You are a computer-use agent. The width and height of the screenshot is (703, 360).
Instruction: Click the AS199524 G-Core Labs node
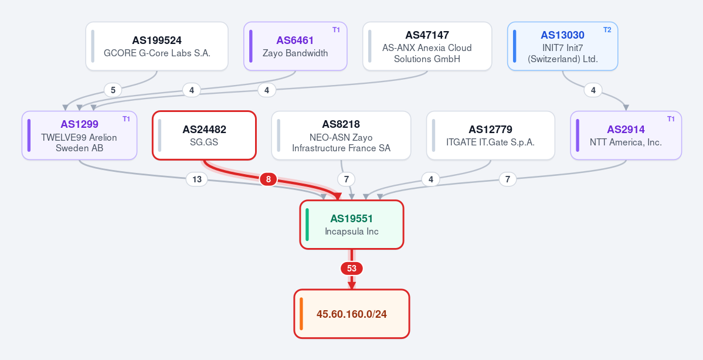[157, 46]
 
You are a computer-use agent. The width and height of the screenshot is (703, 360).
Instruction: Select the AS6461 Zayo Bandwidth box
[296, 46]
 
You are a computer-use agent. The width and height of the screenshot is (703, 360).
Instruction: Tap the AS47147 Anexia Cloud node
[427, 46]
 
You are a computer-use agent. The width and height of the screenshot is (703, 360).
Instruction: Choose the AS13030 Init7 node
[563, 46]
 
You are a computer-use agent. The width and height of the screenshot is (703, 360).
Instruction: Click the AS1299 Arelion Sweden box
[79, 135]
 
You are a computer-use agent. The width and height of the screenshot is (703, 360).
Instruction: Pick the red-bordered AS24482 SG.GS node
[205, 135]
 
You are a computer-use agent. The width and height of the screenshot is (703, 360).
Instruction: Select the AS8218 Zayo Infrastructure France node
[341, 135]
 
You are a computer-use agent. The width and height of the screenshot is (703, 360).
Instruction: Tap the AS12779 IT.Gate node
[491, 135]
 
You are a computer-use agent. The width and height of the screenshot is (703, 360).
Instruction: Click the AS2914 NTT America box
[626, 135]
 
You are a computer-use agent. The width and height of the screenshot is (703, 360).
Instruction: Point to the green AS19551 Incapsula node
[352, 225]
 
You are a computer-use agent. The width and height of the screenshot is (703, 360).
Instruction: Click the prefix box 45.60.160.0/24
[352, 314]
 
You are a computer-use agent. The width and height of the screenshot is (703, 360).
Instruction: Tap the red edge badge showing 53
[352, 269]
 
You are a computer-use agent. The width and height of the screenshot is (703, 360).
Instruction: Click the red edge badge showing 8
[268, 179]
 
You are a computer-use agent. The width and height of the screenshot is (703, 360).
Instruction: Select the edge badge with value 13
[197, 179]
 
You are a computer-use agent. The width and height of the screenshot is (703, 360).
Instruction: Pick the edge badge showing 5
[113, 90]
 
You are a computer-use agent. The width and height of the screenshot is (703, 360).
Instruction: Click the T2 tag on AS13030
[607, 30]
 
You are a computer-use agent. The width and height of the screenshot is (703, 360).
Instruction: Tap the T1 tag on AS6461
[337, 30]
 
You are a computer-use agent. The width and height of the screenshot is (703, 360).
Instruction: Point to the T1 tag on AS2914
[671, 119]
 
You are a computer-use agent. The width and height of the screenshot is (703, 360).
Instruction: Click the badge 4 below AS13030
[593, 90]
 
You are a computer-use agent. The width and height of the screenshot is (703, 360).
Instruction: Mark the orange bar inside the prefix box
[301, 314]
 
